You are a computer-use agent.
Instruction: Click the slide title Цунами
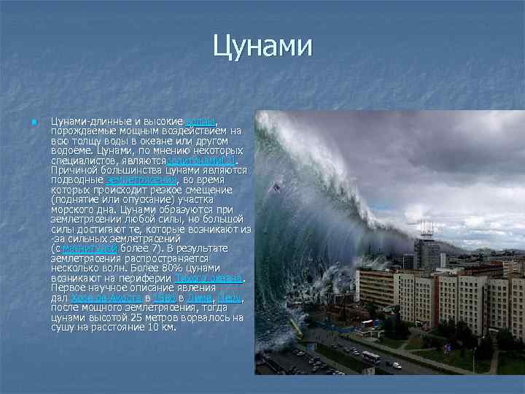coord(262,47)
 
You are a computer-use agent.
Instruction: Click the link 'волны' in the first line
coord(201,120)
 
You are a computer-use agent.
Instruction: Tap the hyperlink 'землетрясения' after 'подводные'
coord(141,179)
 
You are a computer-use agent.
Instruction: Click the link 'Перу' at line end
coord(230,299)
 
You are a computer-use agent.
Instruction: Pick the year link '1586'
coord(164,299)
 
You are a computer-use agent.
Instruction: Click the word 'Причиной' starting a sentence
coord(70,169)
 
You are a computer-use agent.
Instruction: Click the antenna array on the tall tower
coord(427,228)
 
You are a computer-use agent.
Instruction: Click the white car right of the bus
coord(397,365)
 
